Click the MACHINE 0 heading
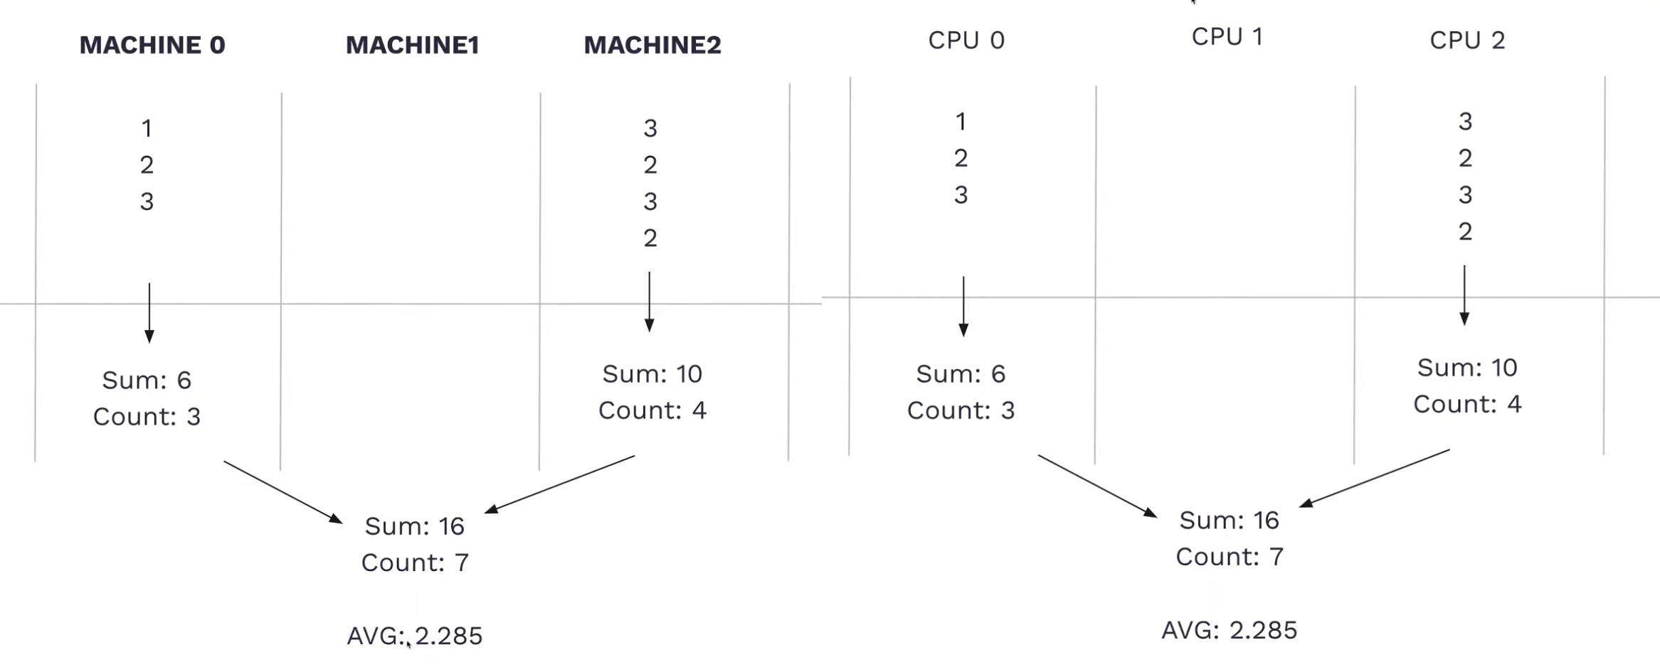click(152, 45)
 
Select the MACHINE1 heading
click(412, 45)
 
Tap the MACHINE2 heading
click(652, 45)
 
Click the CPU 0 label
click(966, 41)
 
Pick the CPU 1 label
click(1227, 37)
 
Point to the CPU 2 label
click(1466, 41)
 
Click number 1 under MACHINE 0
click(147, 129)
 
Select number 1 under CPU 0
click(961, 122)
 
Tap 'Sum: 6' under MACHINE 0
click(147, 380)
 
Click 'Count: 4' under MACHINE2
click(652, 410)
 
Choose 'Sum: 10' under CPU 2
click(1466, 368)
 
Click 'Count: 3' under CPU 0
click(961, 410)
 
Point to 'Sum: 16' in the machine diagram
click(414, 526)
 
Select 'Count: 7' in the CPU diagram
click(1229, 557)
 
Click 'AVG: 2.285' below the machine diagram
click(414, 636)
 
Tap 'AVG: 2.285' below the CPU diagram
click(1229, 631)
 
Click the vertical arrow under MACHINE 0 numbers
click(149, 313)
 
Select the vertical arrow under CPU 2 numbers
click(1464, 295)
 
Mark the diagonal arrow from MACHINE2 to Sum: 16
click(560, 484)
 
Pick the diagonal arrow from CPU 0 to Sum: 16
click(1096, 485)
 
